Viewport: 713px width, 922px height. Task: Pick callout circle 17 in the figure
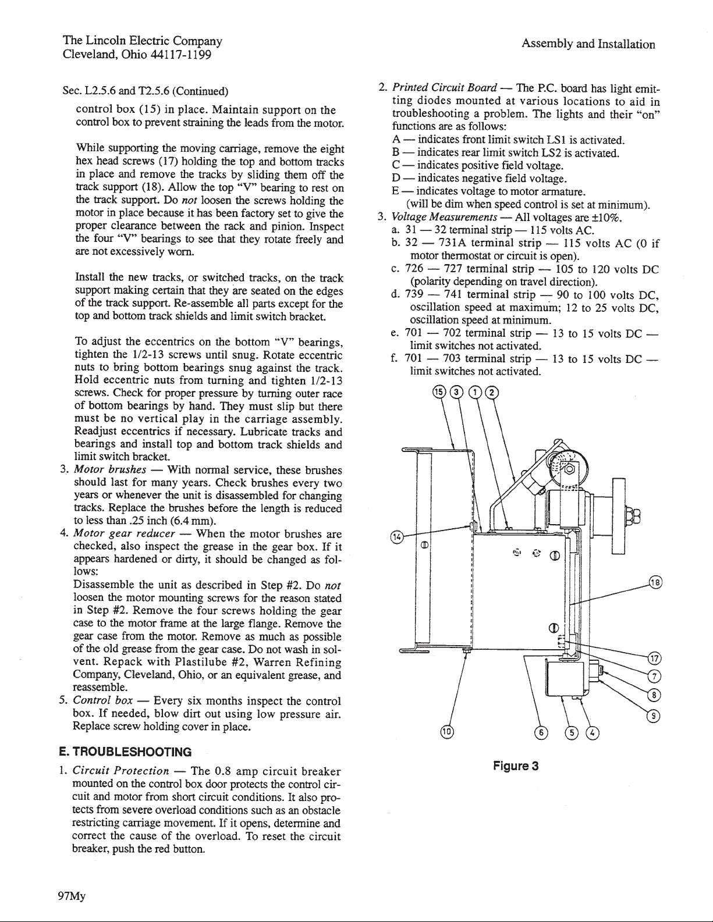[655, 659]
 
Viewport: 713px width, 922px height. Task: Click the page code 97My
[74, 896]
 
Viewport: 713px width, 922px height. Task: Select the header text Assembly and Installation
[588, 44]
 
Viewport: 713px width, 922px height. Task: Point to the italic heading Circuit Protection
[120, 771]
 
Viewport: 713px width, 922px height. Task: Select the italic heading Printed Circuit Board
[444, 89]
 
